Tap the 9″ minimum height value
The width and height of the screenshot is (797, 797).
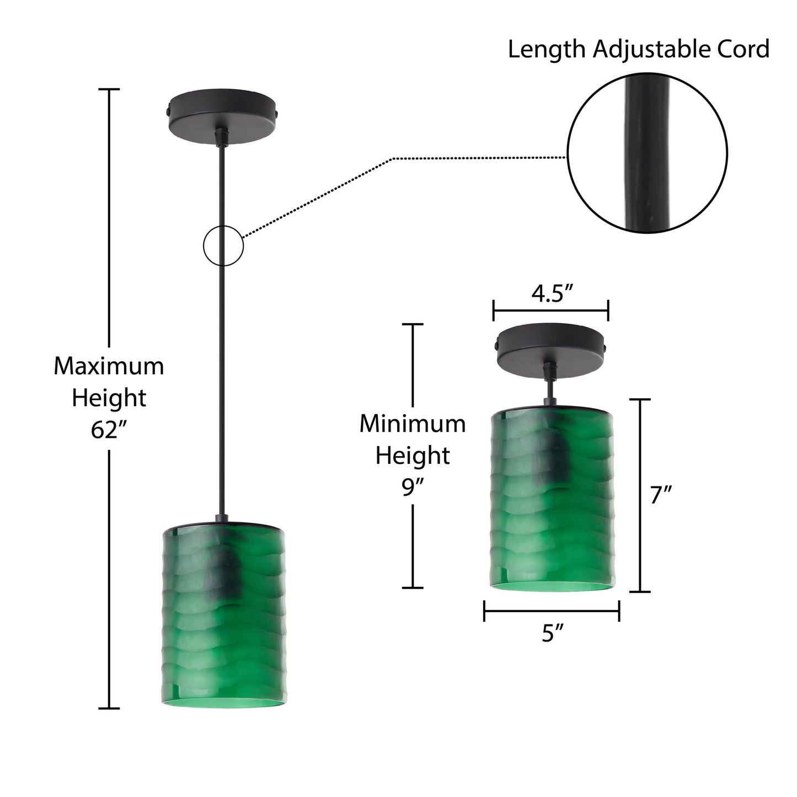(413, 488)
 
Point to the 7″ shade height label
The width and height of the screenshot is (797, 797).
(661, 495)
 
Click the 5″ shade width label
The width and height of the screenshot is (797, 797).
(553, 633)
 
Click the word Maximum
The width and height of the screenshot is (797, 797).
(109, 366)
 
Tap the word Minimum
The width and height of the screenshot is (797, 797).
(413, 424)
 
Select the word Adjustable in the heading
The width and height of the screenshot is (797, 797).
(651, 49)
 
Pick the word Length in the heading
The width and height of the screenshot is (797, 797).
(547, 50)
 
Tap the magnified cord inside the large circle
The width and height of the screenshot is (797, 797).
(647, 153)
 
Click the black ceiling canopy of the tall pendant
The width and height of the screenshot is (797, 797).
(223, 116)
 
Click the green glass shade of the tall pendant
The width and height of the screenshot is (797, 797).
(224, 617)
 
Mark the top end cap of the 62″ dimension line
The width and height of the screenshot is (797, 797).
(109, 89)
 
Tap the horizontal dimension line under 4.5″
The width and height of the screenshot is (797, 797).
(550, 311)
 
